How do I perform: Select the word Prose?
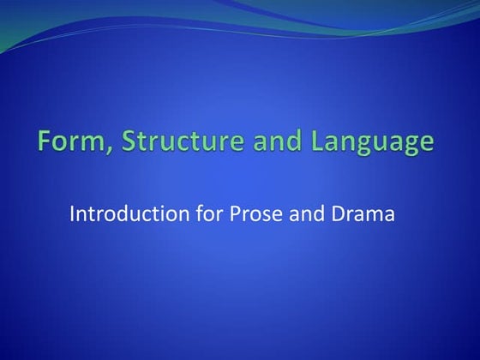tap(254, 214)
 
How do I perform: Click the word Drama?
tap(363, 214)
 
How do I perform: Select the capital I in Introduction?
tap(72, 214)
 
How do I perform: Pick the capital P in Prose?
tap(235, 214)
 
